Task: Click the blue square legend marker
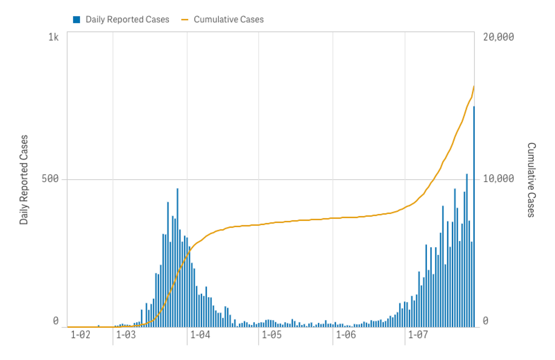(x=77, y=20)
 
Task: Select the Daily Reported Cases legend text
(x=127, y=20)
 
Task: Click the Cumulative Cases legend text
(x=229, y=20)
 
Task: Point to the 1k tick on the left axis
(x=53, y=37)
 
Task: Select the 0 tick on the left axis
(x=55, y=321)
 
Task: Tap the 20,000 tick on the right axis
(x=498, y=37)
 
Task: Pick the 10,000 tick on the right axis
(x=498, y=179)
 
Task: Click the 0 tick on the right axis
(x=486, y=321)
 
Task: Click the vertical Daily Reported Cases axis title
(x=24, y=180)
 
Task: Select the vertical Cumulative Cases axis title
(x=531, y=180)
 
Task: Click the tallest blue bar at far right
(x=474, y=217)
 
